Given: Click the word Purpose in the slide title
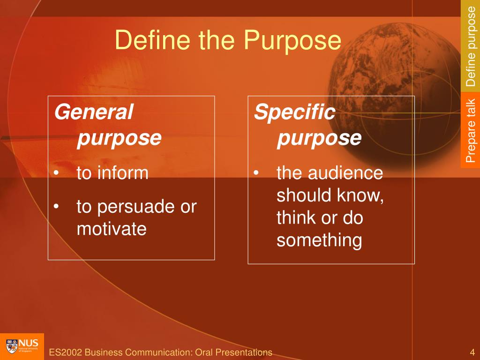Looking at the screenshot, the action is [x=292, y=40].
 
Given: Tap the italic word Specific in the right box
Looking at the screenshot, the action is [x=294, y=112].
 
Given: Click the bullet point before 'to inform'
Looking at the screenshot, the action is [x=57, y=174].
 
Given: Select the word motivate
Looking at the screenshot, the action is [x=112, y=229].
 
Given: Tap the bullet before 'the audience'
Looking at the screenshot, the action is [x=256, y=174].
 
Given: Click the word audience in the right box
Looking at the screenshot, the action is [x=345, y=173].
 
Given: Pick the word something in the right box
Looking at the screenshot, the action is [x=319, y=240].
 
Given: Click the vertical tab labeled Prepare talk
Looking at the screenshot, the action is [x=470, y=130].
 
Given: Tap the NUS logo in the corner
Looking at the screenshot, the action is [x=22, y=346].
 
